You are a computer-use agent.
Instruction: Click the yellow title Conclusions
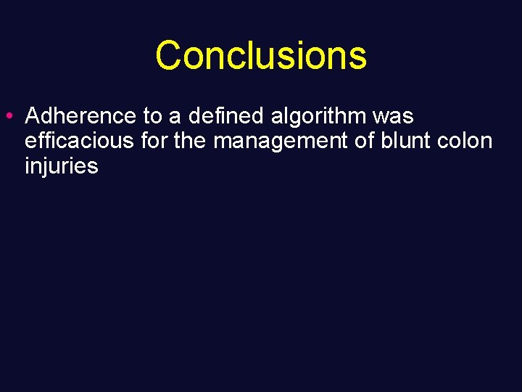click(261, 55)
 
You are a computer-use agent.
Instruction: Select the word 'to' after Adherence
click(153, 116)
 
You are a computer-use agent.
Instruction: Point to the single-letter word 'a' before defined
click(175, 116)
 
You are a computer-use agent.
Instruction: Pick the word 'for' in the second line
click(154, 141)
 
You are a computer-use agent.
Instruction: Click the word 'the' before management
click(191, 141)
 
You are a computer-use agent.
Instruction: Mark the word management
click(279, 141)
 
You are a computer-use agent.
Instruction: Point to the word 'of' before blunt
click(365, 141)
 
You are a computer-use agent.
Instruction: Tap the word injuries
click(61, 166)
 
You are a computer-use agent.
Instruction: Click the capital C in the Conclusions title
click(168, 55)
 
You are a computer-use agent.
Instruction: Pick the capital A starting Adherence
click(33, 116)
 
